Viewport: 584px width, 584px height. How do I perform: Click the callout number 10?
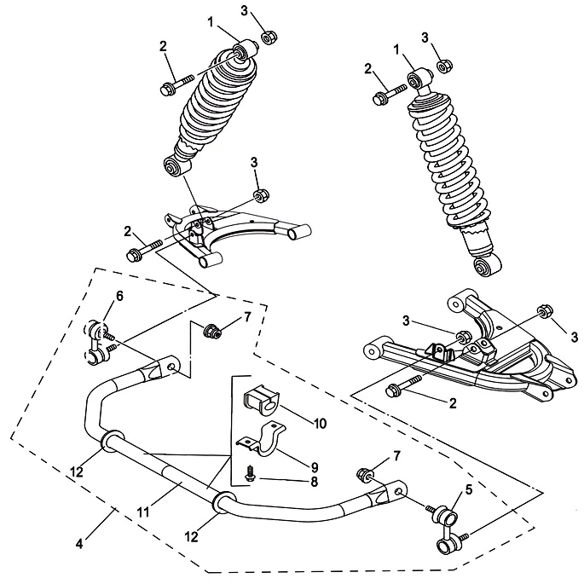(x=295, y=421)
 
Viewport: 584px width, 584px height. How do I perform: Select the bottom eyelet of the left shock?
(x=176, y=165)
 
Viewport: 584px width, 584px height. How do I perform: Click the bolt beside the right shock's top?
(x=387, y=93)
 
